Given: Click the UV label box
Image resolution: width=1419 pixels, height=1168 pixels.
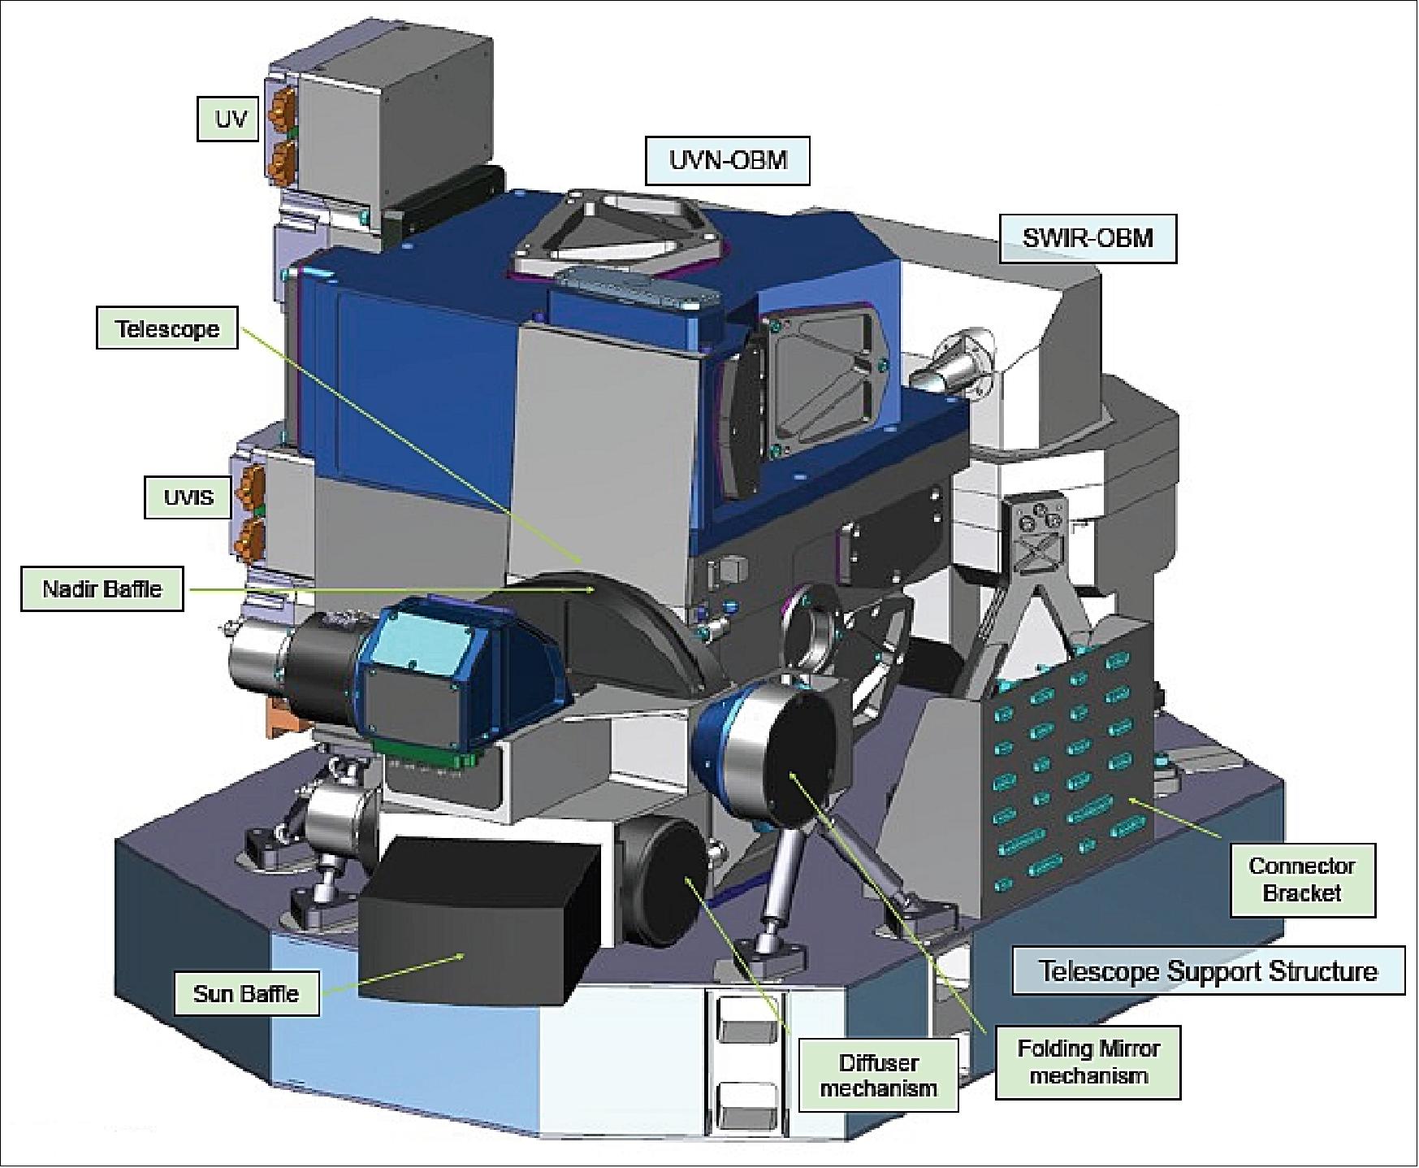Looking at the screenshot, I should pyautogui.click(x=231, y=119).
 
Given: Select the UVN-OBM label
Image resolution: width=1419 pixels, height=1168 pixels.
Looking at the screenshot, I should pyautogui.click(x=728, y=159).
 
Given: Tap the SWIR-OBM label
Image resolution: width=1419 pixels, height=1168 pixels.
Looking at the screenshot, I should pyautogui.click(x=1087, y=238).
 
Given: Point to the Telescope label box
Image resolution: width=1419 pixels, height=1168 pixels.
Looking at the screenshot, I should pyautogui.click(x=167, y=328).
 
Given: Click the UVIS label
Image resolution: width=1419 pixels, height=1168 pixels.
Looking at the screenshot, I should pyautogui.click(x=188, y=497).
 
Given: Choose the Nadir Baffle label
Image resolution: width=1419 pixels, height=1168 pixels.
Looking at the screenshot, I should pyautogui.click(x=102, y=588).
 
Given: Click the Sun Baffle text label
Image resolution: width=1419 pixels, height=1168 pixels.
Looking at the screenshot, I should pyautogui.click(x=246, y=992).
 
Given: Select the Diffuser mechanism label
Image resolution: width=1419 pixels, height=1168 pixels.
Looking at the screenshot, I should pyautogui.click(x=878, y=1075).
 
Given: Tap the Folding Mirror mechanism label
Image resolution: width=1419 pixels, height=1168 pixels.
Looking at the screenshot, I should pyautogui.click(x=1088, y=1062).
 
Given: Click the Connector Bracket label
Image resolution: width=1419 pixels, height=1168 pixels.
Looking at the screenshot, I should pyautogui.click(x=1302, y=879).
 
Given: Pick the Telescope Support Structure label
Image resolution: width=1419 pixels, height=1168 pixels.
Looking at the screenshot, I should pyautogui.click(x=1208, y=970).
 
